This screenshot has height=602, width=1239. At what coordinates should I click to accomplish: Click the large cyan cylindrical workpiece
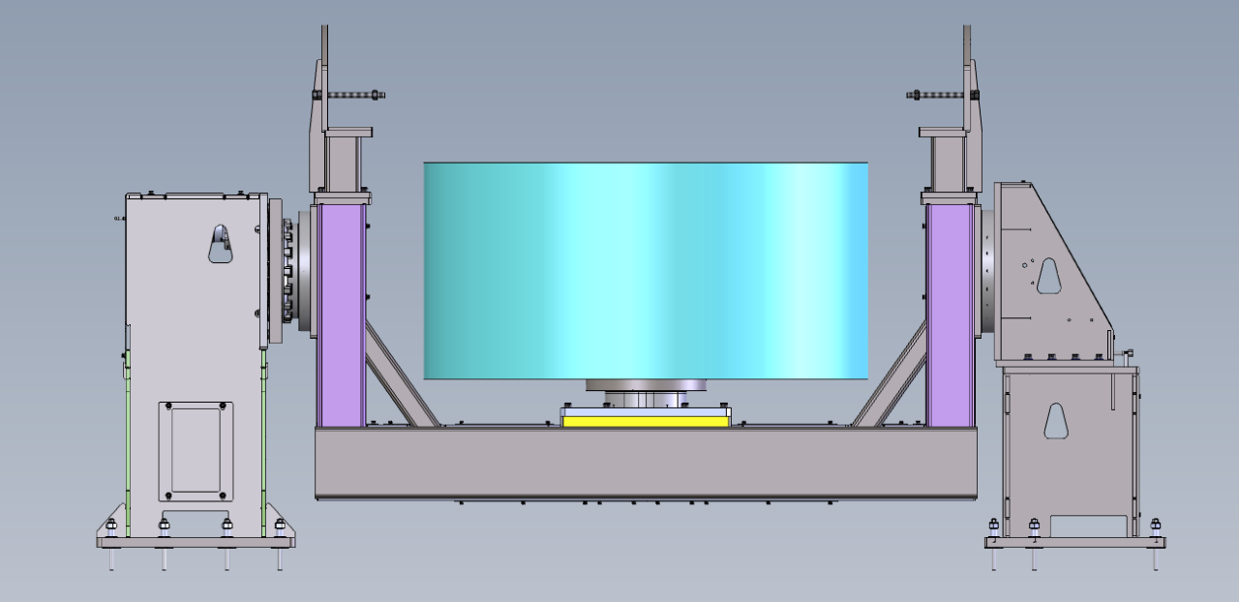[646, 271]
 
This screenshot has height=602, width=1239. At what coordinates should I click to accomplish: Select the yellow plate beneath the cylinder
[646, 421]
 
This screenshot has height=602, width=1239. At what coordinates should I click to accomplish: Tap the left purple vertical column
[341, 315]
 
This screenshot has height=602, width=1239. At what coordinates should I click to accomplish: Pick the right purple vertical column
[950, 315]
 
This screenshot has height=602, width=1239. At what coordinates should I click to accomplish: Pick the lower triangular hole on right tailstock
[1055, 420]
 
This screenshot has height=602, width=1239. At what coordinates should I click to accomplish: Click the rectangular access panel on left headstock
[195, 452]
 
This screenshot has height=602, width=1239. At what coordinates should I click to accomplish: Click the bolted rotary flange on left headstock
[287, 271]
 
